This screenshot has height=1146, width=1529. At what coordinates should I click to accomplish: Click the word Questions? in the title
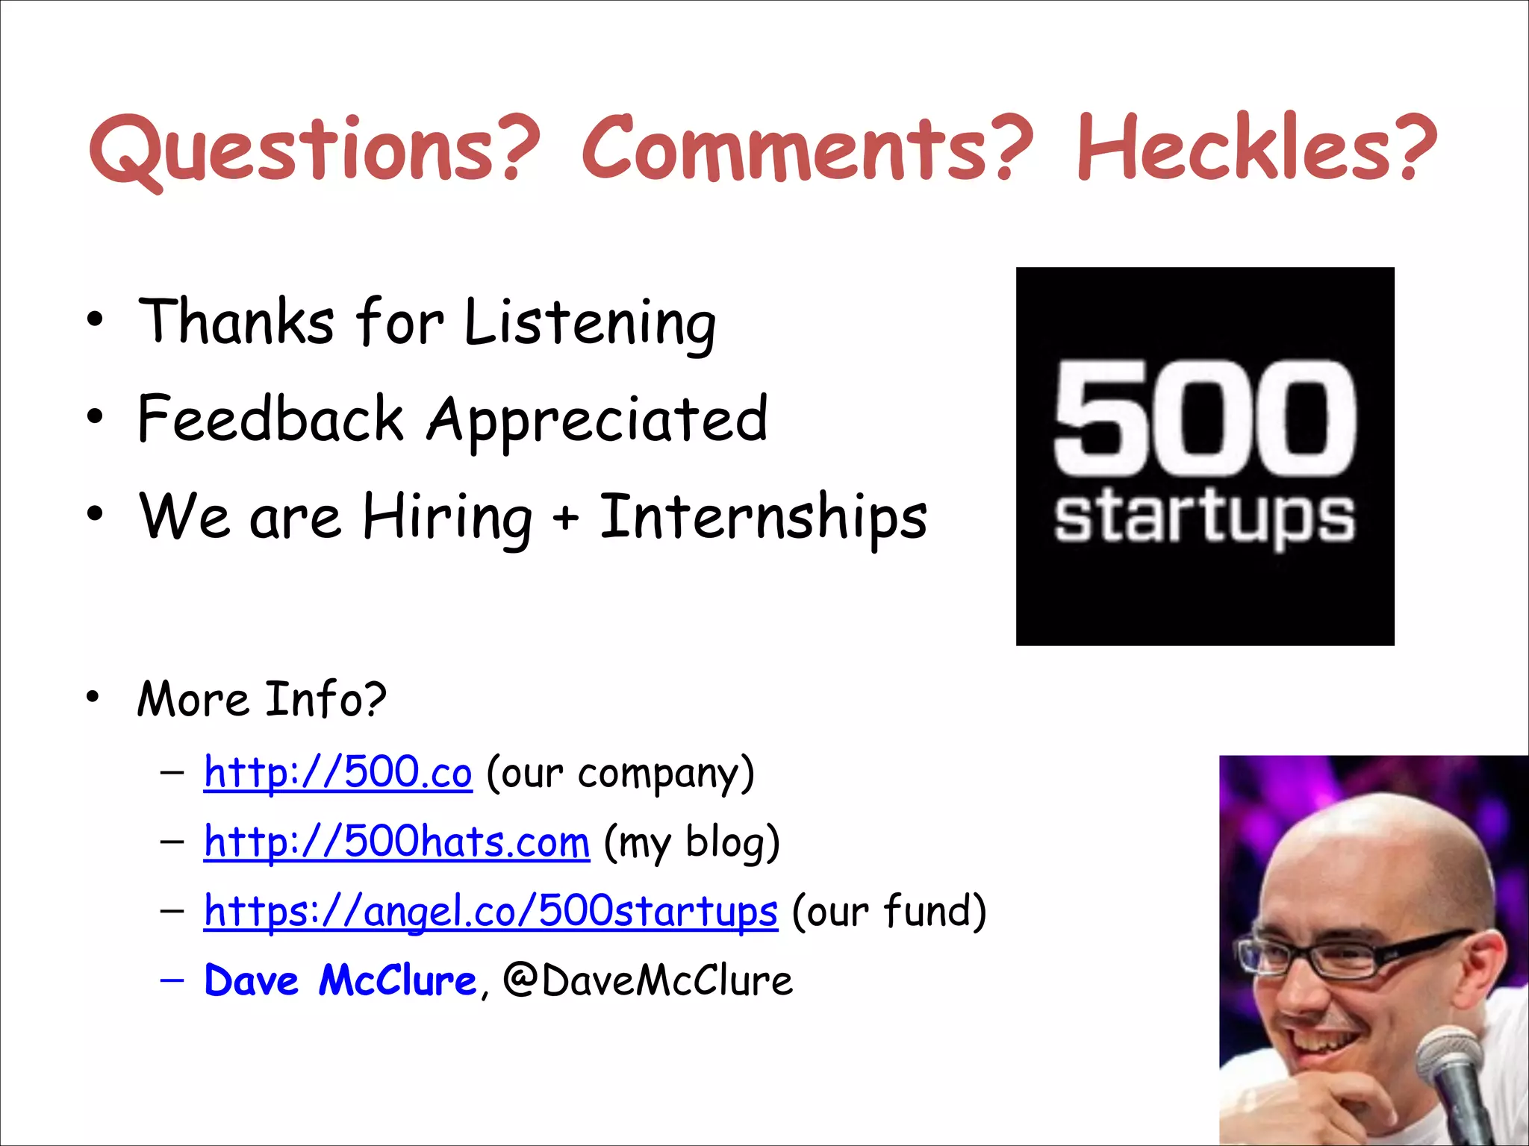coord(314,149)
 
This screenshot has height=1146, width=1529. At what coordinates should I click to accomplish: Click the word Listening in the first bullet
coord(590,324)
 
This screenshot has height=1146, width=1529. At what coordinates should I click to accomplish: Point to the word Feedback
coord(270,419)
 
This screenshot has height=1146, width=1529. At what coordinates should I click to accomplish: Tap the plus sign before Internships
coord(567,518)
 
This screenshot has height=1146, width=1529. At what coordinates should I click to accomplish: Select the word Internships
coord(763,518)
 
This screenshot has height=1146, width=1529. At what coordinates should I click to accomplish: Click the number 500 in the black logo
coord(1204,418)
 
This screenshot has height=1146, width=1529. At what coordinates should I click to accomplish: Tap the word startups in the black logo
coord(1204,518)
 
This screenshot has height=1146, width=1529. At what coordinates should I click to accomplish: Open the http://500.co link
coord(338,773)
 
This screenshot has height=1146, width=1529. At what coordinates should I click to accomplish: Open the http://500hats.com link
coord(396,842)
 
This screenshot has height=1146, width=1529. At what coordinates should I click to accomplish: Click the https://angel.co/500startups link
coord(491,912)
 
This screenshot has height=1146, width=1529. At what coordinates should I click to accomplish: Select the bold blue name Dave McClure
coord(340,980)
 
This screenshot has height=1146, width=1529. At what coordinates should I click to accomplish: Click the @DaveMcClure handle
coord(647,980)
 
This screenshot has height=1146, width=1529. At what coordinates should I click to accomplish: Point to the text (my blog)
coord(691,843)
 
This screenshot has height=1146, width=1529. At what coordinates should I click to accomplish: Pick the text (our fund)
coord(888,912)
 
